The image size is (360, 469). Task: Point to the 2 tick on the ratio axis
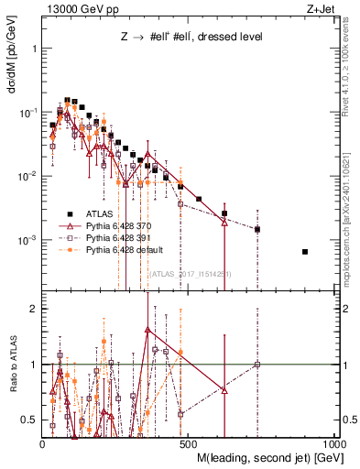(34, 309)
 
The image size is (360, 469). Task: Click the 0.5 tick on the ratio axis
(30, 420)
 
